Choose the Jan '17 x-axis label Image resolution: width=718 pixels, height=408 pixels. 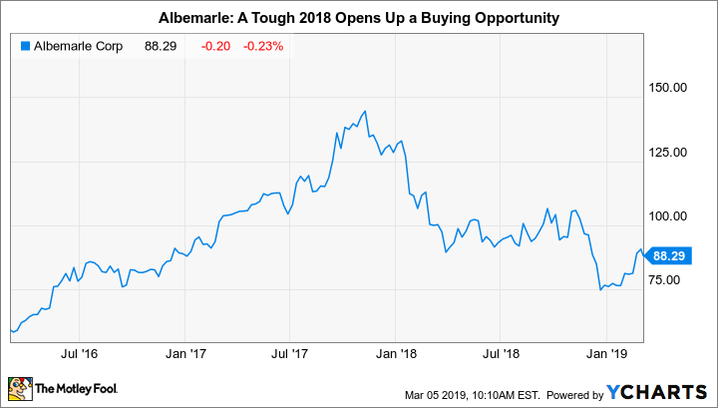click(185, 353)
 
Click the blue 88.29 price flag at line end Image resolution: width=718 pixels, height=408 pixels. click(666, 255)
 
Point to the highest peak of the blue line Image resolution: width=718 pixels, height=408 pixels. click(366, 111)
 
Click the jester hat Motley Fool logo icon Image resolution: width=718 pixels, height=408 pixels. click(19, 386)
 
